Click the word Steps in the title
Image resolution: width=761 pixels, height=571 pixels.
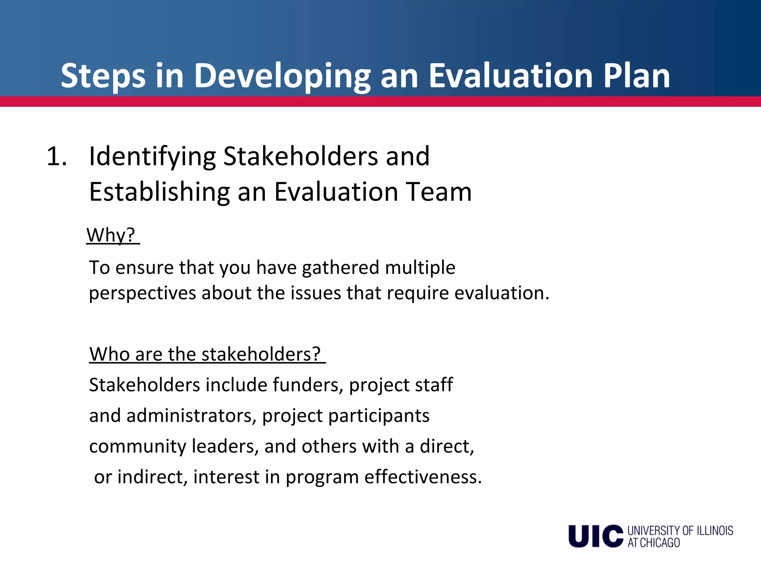[x=103, y=76]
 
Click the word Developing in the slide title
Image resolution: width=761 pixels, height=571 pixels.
[x=282, y=76]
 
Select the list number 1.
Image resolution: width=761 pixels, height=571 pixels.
[x=56, y=156]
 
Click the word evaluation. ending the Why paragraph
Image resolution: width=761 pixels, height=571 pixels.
[x=502, y=293]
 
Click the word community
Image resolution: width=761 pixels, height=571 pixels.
[x=138, y=446]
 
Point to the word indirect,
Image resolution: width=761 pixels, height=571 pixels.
[x=152, y=477]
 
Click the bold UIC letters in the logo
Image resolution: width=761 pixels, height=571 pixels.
[x=596, y=536]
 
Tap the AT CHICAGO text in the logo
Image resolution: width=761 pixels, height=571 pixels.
[x=654, y=543]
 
